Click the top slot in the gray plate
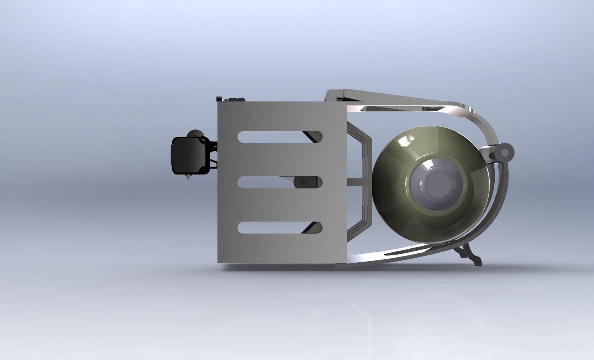(271, 137)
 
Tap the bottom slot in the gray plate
(271, 227)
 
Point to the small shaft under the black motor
(189, 177)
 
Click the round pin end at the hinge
(506, 153)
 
